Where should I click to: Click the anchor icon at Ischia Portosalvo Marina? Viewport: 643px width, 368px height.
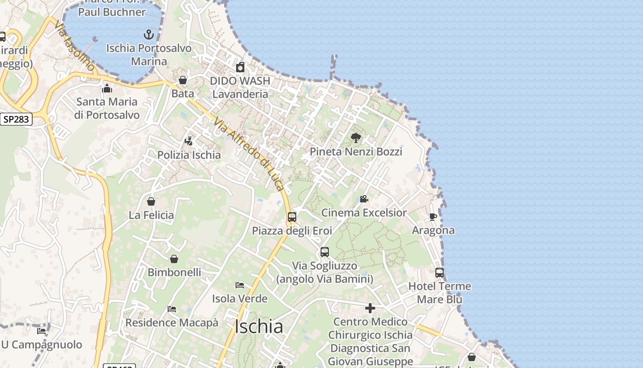[148, 34]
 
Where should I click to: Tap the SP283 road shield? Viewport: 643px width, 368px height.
[16, 120]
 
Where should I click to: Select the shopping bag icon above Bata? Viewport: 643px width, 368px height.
[183, 80]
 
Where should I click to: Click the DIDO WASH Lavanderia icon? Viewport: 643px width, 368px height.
[240, 68]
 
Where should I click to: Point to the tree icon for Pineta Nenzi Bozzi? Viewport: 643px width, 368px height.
[355, 138]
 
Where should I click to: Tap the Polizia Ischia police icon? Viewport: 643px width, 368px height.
[189, 141]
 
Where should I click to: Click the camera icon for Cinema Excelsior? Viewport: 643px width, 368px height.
[364, 199]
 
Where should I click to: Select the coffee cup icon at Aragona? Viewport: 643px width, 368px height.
[433, 216]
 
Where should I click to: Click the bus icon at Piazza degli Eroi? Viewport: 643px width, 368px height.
[292, 217]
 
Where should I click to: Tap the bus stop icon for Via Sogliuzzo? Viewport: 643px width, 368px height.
[325, 252]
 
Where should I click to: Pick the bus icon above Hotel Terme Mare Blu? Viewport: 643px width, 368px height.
[440, 272]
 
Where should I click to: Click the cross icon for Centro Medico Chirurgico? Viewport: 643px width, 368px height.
[370, 308]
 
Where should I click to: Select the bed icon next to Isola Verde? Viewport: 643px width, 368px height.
[240, 285]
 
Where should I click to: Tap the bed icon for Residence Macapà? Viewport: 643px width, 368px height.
[172, 309]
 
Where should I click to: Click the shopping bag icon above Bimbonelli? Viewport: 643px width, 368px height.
[174, 259]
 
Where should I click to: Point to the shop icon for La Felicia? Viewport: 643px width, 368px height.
[151, 201]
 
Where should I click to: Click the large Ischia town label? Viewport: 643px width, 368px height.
[259, 327]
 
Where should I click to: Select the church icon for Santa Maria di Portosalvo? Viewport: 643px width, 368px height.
[107, 88]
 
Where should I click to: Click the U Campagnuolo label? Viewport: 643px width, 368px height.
[42, 345]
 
